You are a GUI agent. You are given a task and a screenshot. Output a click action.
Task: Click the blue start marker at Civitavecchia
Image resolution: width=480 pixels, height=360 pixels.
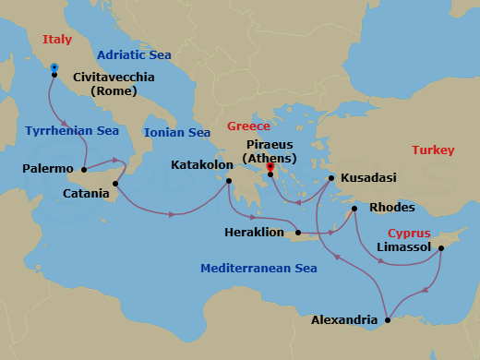click(x=54, y=67)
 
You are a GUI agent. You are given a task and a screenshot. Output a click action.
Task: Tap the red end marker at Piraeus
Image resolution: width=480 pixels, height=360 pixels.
click(x=270, y=167)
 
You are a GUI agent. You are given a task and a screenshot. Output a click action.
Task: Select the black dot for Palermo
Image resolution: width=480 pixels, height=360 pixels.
click(x=83, y=169)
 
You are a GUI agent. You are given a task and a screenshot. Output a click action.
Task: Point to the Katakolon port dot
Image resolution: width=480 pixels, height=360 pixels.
click(x=229, y=180)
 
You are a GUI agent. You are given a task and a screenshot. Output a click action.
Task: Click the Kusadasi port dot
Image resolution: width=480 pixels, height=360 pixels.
click(x=331, y=177)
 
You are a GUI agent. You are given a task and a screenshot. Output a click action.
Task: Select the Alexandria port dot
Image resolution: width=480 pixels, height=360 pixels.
click(x=388, y=320)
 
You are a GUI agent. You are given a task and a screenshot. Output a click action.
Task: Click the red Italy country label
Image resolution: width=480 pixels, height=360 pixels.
click(x=57, y=40)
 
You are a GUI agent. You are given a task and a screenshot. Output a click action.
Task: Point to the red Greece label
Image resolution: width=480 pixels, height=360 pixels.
click(x=248, y=126)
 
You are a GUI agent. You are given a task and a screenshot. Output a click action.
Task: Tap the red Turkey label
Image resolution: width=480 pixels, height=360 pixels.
click(x=433, y=150)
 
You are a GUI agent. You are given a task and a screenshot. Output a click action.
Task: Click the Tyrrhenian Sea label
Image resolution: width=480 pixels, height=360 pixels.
click(x=72, y=131)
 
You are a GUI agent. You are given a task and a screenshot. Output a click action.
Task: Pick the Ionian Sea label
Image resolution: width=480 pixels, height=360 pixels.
click(x=177, y=133)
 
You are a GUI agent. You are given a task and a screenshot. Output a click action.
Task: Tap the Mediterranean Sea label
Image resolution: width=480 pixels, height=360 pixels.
click(x=258, y=269)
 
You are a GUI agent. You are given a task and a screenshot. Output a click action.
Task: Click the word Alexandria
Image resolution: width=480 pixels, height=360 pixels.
click(x=344, y=321)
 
